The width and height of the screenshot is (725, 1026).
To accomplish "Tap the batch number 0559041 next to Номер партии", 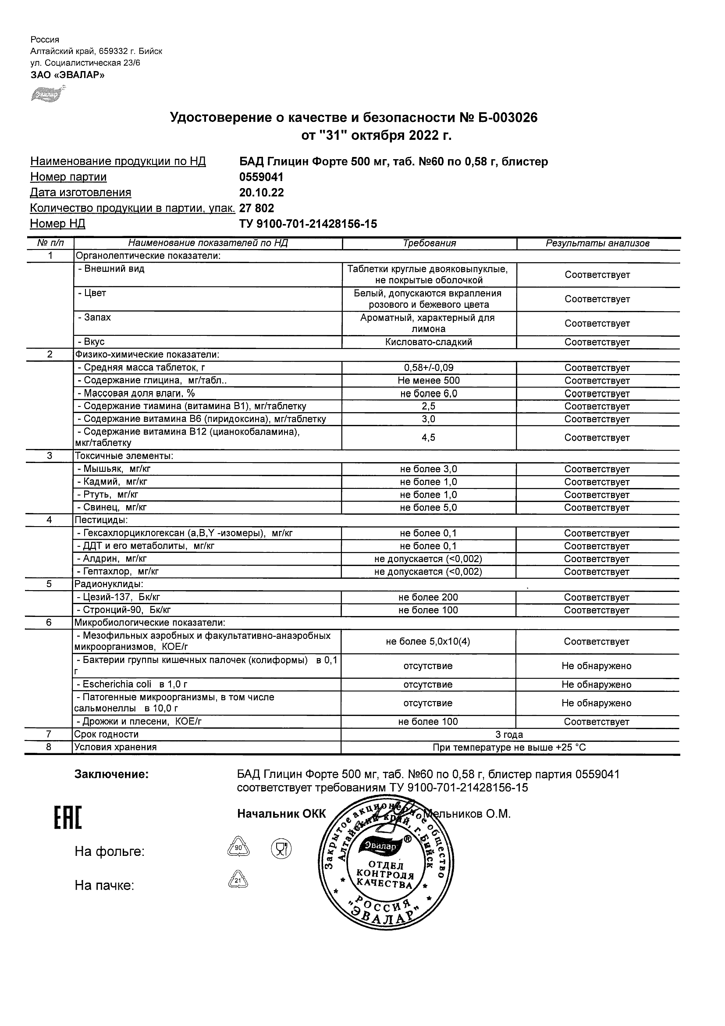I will (x=261, y=178).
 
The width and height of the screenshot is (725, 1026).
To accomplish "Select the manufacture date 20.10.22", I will (x=261, y=193).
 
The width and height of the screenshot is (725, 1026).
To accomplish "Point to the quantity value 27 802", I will (x=257, y=209).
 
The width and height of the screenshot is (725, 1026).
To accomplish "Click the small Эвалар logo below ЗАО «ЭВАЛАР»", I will (x=45, y=95).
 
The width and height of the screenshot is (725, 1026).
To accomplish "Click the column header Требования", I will (x=429, y=243).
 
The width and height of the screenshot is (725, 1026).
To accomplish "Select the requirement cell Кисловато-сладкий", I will (x=429, y=342).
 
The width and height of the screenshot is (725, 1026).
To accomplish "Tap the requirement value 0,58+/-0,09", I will (x=429, y=368).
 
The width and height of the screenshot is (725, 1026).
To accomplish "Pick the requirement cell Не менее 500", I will (x=429, y=381).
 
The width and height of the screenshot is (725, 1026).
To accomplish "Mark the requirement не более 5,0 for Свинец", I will (x=429, y=508).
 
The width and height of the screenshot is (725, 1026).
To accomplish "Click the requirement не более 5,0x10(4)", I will (x=428, y=642).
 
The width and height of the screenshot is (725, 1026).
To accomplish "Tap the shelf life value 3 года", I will (x=509, y=735).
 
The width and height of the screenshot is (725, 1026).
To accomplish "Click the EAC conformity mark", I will (x=68, y=818).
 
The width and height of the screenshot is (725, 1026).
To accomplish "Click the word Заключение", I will (x=112, y=775).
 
